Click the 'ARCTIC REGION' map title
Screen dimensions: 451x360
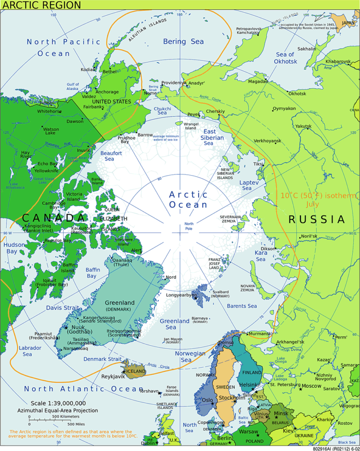[41, 5]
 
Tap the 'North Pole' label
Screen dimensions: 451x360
[189, 226]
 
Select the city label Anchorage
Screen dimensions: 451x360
[107, 92]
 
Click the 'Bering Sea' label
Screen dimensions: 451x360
[183, 42]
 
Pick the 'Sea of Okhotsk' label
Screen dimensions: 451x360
[286, 58]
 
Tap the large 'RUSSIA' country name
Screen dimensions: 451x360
[316, 219]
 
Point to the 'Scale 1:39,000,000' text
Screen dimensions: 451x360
[58, 403]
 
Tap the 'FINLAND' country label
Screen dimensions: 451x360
[252, 372]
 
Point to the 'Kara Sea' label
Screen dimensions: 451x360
[261, 256]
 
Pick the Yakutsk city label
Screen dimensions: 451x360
[303, 126]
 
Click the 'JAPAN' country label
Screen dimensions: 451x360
[348, 22]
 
